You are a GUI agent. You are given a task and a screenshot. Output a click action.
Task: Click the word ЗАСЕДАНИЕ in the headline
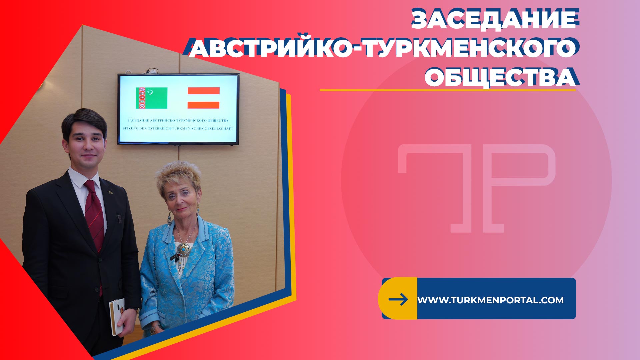[495, 19]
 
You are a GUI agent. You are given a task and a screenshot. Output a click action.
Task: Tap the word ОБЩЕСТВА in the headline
[501, 77]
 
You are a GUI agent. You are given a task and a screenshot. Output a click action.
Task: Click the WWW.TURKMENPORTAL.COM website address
[490, 300]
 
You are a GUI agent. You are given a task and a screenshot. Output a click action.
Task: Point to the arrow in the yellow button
[398, 299]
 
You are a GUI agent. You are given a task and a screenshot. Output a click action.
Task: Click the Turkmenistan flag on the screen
[151, 98]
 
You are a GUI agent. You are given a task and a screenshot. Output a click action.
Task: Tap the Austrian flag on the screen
[203, 98]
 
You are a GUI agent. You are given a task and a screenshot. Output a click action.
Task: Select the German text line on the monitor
[178, 128]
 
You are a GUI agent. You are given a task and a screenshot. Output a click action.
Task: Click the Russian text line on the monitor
[178, 120]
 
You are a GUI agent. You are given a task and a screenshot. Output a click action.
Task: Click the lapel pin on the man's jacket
[110, 192]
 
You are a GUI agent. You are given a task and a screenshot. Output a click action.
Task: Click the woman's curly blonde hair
[178, 177]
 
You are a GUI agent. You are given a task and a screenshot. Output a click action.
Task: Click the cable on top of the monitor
[152, 71]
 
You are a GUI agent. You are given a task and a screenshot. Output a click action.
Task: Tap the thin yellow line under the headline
[448, 90]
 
